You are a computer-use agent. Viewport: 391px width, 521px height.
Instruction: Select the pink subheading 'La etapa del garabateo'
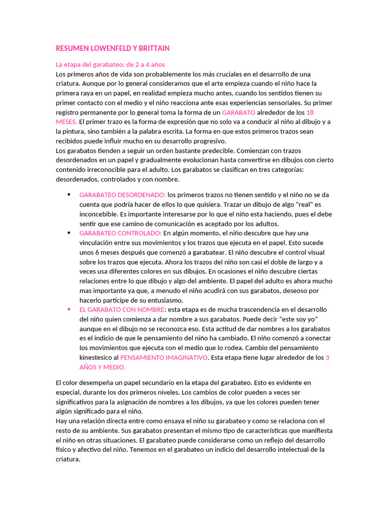(110, 65)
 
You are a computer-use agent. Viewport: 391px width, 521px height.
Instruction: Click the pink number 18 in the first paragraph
(310, 112)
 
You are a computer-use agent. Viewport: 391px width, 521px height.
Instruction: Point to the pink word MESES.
(66, 122)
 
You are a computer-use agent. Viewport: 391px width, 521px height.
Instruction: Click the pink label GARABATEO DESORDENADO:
(122, 194)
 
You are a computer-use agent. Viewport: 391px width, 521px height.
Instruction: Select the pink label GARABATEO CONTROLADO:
(120, 233)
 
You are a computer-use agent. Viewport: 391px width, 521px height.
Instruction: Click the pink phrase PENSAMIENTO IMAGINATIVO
(163, 358)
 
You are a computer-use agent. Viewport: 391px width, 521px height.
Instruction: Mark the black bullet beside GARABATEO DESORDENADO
(69, 194)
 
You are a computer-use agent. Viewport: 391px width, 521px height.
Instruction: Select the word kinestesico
(97, 358)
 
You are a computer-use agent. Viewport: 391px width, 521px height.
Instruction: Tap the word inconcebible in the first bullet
(99, 214)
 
